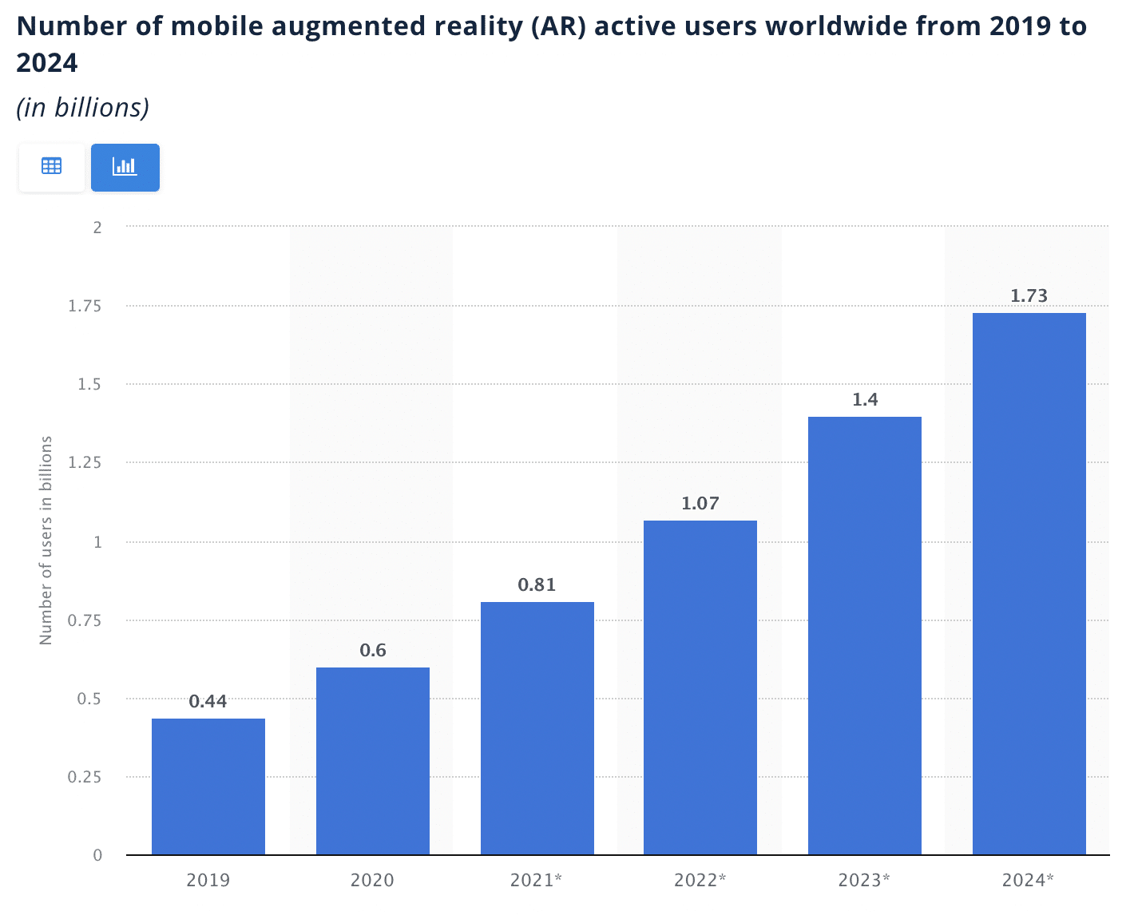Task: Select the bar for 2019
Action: (x=208, y=786)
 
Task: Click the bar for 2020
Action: (x=373, y=761)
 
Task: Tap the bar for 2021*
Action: (x=537, y=728)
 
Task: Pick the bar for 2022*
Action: (x=700, y=687)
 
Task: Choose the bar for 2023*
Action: (x=865, y=636)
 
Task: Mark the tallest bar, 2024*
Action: (x=1029, y=584)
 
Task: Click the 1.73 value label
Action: (x=1029, y=296)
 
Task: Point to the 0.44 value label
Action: (x=208, y=702)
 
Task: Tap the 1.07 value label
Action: (x=700, y=504)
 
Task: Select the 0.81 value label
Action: (x=537, y=585)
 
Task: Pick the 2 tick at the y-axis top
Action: (x=97, y=228)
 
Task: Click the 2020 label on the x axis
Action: (x=372, y=881)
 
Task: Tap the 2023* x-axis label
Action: (x=864, y=881)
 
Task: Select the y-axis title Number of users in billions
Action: (x=46, y=541)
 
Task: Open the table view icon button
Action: (x=52, y=167)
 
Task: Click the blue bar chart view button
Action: (x=125, y=167)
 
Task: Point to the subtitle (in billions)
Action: (x=83, y=108)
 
